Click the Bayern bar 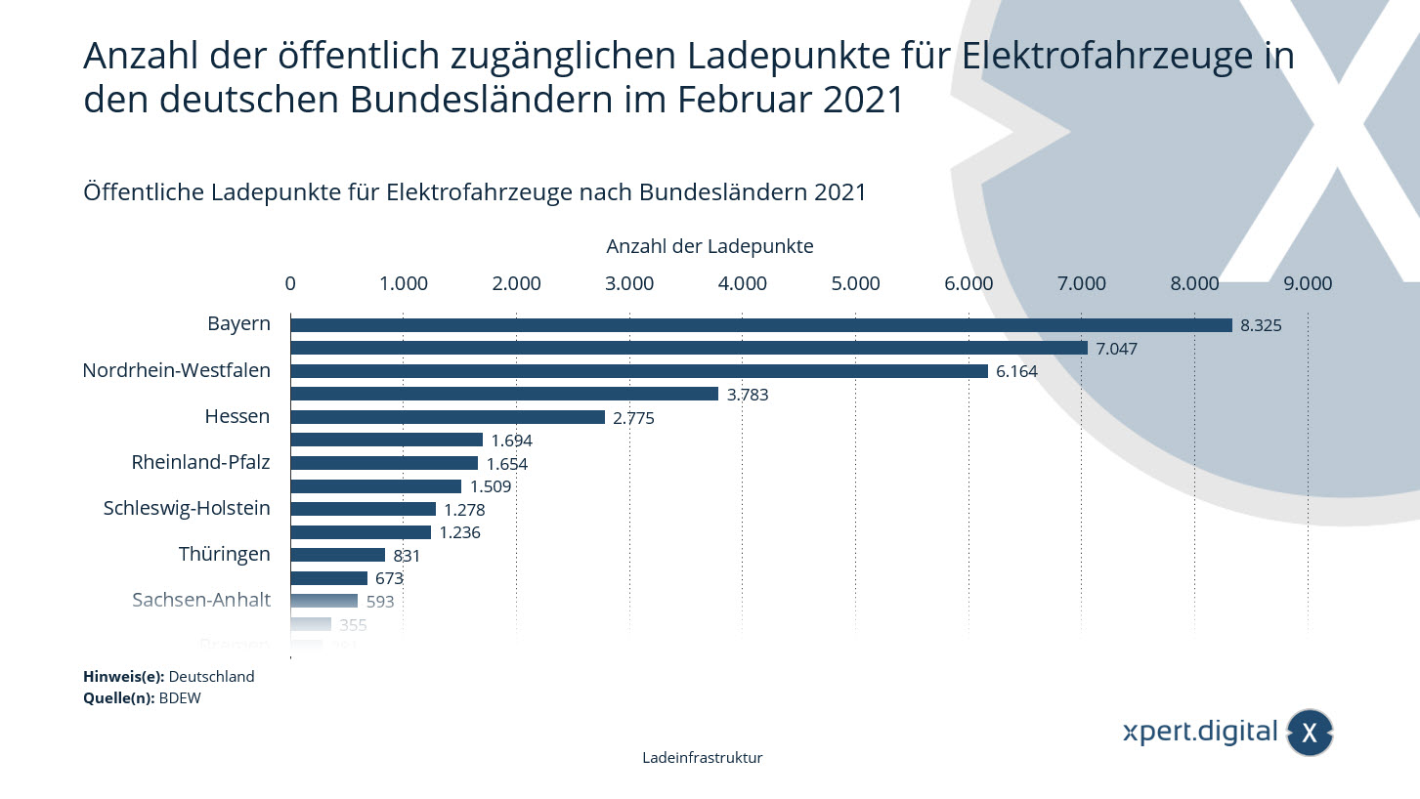[x=760, y=325]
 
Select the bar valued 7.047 [x=688, y=348]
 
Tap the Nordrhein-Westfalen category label [x=176, y=370]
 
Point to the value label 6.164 [x=1016, y=371]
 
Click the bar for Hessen [x=447, y=417]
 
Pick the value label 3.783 [x=748, y=395]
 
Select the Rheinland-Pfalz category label [x=200, y=462]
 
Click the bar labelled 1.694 [x=386, y=440]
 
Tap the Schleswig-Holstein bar [x=363, y=509]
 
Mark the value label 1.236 [x=459, y=532]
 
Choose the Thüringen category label [x=224, y=554]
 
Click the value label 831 [x=407, y=556]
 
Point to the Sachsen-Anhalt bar [x=323, y=601]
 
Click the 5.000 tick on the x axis [x=855, y=283]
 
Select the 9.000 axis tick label [x=1308, y=283]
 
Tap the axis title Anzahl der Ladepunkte [x=710, y=246]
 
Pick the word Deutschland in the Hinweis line [x=212, y=676]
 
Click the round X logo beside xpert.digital [x=1310, y=733]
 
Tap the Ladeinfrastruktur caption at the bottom [x=703, y=758]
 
